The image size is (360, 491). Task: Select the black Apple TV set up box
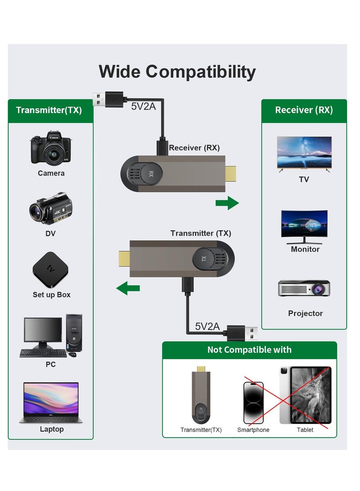tap(50, 270)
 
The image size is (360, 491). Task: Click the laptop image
tap(50, 402)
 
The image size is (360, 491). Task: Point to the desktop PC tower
tap(74, 333)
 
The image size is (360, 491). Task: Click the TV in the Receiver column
tap(304, 153)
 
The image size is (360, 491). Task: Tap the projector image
tap(304, 288)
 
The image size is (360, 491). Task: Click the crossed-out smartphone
tap(253, 402)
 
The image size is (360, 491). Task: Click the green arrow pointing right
tap(227, 203)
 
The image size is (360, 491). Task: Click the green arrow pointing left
tap(128, 288)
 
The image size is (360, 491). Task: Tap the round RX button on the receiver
tap(151, 174)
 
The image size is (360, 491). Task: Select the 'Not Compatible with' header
tap(249, 350)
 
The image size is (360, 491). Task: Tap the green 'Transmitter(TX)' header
tap(49, 110)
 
